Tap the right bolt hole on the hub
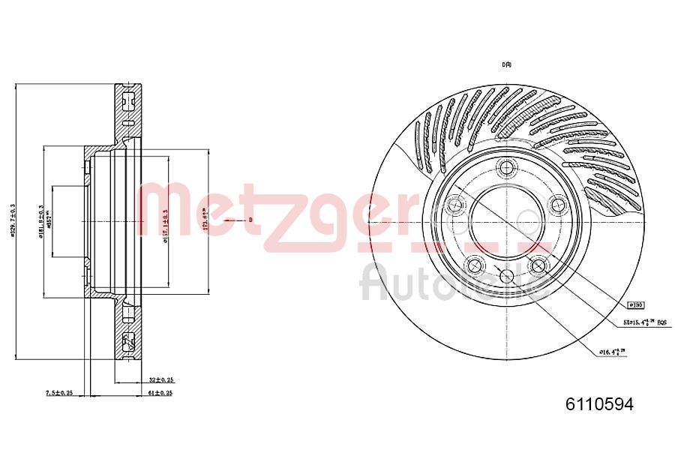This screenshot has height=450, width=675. [x=557, y=202]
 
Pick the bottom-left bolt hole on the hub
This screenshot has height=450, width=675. [x=472, y=264]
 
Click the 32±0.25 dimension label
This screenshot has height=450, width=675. [x=160, y=379]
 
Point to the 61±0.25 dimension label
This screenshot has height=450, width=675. [x=160, y=392]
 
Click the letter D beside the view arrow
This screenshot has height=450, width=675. [x=250, y=220]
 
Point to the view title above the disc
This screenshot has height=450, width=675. [x=506, y=64]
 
